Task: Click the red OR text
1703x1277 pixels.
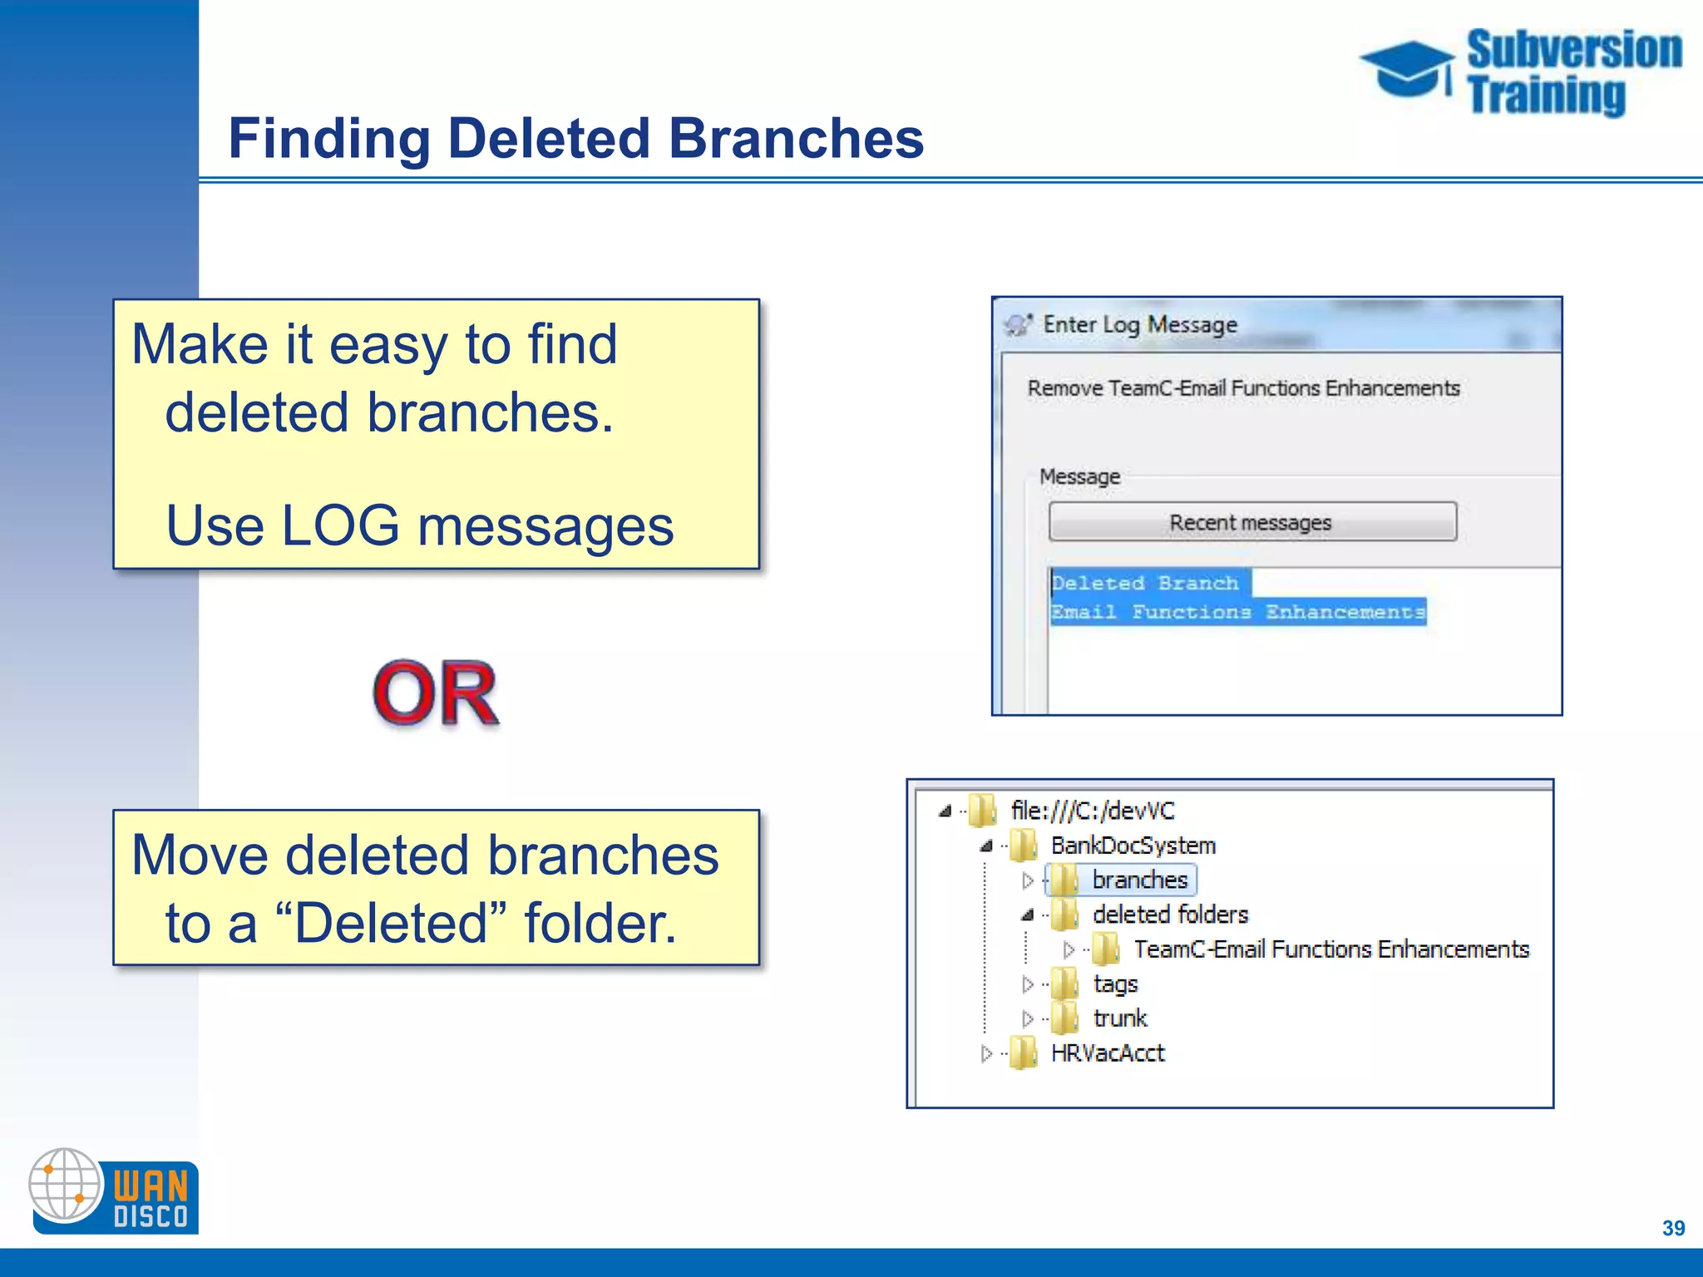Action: (x=436, y=694)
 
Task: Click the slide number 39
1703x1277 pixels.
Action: (x=1673, y=1228)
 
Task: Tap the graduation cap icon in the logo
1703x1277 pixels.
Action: (x=1407, y=69)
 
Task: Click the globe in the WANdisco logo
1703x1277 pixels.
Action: (x=65, y=1185)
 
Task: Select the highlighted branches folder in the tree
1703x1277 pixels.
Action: (x=1138, y=880)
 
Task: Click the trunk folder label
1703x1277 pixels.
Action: (x=1119, y=1018)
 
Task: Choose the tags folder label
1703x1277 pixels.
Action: (x=1115, y=984)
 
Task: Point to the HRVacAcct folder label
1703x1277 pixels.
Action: (x=1108, y=1053)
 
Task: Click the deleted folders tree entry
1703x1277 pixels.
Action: (x=1170, y=915)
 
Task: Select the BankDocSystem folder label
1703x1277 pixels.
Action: (x=1133, y=846)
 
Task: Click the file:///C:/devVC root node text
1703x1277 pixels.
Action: (x=1092, y=811)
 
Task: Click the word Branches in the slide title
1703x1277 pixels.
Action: (x=796, y=138)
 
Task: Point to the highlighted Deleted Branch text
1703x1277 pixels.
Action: (x=1145, y=583)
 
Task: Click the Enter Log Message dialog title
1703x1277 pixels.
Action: (x=1140, y=324)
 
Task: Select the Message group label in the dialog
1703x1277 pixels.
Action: (x=1079, y=476)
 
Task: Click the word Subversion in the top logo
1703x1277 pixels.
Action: (x=1573, y=50)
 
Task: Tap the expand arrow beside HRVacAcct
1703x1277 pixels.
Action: (x=986, y=1054)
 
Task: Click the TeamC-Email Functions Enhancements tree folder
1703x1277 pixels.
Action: (x=1330, y=949)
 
